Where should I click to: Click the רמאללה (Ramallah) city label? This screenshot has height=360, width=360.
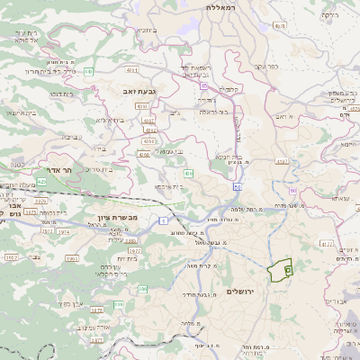(220, 7)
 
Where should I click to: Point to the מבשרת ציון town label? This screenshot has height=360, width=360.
(116, 219)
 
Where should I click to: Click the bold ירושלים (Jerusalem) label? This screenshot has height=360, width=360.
(243, 291)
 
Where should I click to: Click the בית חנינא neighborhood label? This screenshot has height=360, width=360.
(232, 156)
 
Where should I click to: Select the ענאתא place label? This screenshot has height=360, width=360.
(319, 199)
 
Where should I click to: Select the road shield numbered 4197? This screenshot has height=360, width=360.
(283, 162)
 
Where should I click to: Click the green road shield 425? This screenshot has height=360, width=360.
(41, 180)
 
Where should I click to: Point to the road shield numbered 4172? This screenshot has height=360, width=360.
(327, 242)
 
